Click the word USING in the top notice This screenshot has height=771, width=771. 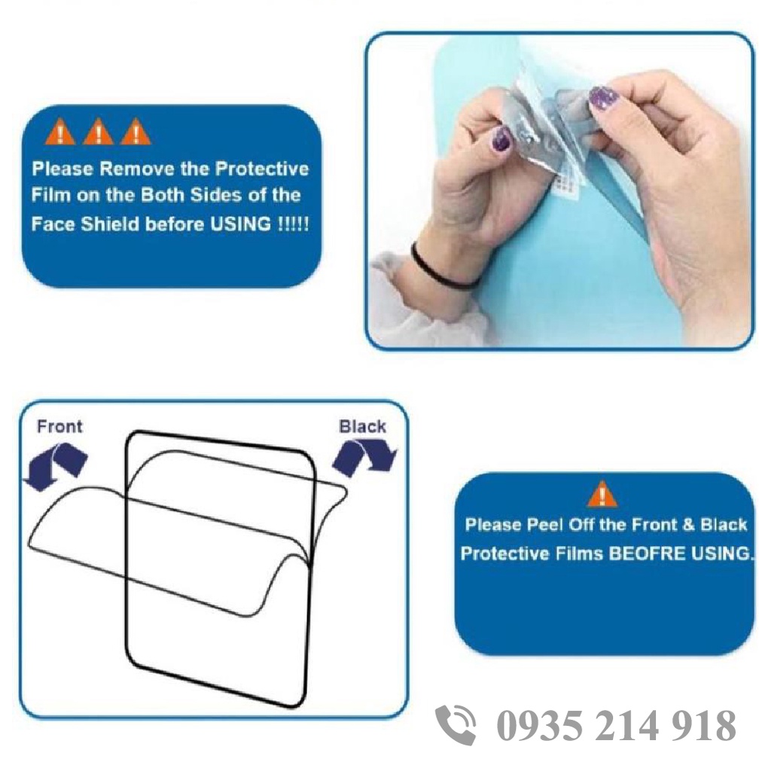pos(240,224)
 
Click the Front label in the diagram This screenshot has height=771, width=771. pos(60,426)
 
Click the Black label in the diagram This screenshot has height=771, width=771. pos(363,426)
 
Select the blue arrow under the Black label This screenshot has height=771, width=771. pos(365,457)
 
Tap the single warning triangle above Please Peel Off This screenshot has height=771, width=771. pos(602,494)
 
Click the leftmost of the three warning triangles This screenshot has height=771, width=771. pos(60,132)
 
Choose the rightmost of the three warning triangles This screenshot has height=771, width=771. pos(136,132)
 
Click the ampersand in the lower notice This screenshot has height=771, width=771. pos(688,525)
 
